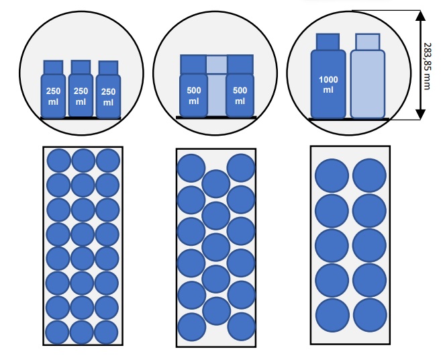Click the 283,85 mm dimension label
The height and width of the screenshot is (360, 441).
pyautogui.click(x=427, y=66)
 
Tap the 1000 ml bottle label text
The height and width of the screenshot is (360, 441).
pyautogui.click(x=328, y=85)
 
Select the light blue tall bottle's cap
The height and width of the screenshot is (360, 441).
pyautogui.click(x=368, y=42)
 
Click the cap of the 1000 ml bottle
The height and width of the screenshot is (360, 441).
pyautogui.click(x=328, y=42)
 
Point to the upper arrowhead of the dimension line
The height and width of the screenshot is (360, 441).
pyautogui.click(x=420, y=15)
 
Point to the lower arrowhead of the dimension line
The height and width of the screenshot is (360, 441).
pyautogui.click(x=420, y=114)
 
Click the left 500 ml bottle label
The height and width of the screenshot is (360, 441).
pyautogui.click(x=194, y=95)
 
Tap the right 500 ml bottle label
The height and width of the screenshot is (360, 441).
pyautogui.click(x=240, y=95)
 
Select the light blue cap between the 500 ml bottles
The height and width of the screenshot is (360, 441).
pyautogui.click(x=217, y=64)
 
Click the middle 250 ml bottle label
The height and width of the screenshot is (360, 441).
pyautogui.click(x=81, y=96)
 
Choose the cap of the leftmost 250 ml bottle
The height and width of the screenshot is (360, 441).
pyautogui.click(x=53, y=67)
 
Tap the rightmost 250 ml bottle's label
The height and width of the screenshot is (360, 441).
pyautogui.click(x=108, y=97)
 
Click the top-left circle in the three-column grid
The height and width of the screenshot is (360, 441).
pyautogui.click(x=59, y=161)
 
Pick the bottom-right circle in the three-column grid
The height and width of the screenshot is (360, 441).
pyautogui.click(x=106, y=332)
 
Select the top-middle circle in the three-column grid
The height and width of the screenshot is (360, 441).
pyautogui.click(x=83, y=161)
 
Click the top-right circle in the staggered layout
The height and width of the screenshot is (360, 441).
pyautogui.click(x=241, y=168)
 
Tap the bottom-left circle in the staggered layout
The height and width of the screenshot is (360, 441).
pyautogui.click(x=192, y=327)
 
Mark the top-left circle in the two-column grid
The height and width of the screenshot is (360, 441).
pyautogui.click(x=332, y=176)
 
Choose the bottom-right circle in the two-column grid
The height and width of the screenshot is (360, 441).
pyautogui.click(x=370, y=315)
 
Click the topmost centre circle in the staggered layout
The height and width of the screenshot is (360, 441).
pyautogui.click(x=216, y=184)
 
